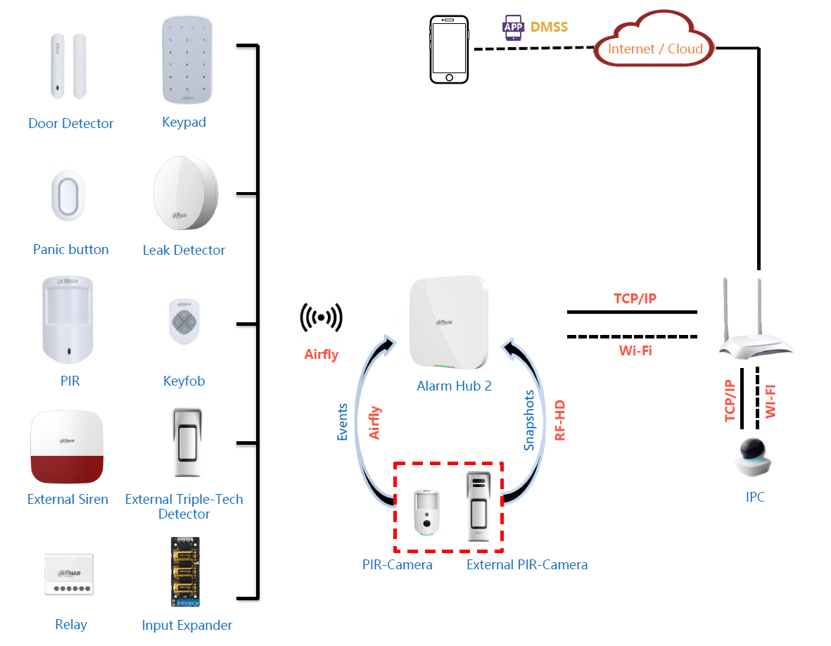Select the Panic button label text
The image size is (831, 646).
70,250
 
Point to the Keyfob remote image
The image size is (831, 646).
184,322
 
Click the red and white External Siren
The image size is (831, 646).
67,448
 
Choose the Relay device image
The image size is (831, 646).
69,574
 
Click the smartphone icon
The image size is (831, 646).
449,51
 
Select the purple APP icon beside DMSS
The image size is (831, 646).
513,27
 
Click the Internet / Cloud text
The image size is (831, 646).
655,49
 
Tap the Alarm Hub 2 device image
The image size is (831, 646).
448,323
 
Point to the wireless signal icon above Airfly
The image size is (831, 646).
322,317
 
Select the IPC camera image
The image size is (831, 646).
755,458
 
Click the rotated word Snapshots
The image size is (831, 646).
529,421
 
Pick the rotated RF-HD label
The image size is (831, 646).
560,422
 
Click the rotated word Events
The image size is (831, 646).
343,422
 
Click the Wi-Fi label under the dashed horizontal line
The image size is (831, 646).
635,350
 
